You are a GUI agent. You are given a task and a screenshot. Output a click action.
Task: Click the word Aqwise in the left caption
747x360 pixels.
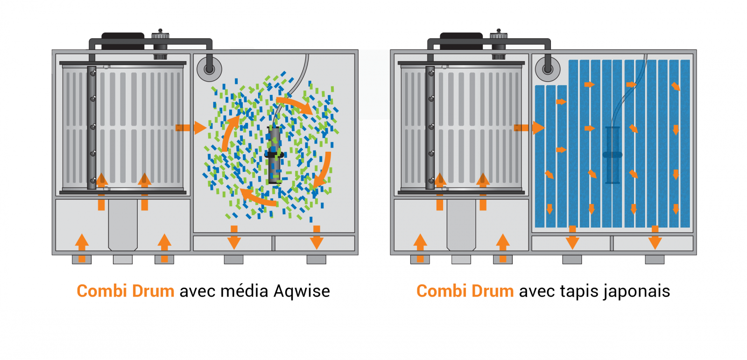[302, 291]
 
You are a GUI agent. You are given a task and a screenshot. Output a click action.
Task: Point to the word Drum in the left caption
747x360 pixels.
[153, 291]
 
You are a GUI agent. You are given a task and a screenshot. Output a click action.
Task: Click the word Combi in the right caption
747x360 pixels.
[441, 291]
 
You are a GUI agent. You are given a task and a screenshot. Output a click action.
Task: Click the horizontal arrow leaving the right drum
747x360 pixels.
[529, 127]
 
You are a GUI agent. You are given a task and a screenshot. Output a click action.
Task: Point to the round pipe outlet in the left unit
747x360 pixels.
[209, 69]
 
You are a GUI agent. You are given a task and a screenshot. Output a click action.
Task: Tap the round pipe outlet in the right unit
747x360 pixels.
[548, 69]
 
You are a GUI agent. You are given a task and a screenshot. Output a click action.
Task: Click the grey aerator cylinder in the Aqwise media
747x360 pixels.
[274, 155]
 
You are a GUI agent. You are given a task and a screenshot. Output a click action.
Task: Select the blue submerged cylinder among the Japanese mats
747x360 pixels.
[613, 155]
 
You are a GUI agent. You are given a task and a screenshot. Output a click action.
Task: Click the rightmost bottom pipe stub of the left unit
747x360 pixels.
[316, 259]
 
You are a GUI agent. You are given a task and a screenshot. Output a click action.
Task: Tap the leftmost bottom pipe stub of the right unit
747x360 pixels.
[420, 259]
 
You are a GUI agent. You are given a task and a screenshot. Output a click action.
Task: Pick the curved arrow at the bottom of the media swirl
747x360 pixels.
[259, 198]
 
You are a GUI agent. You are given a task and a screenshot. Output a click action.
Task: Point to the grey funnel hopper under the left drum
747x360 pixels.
[123, 225]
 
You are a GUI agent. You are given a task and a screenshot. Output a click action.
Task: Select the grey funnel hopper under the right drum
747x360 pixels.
[461, 225]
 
